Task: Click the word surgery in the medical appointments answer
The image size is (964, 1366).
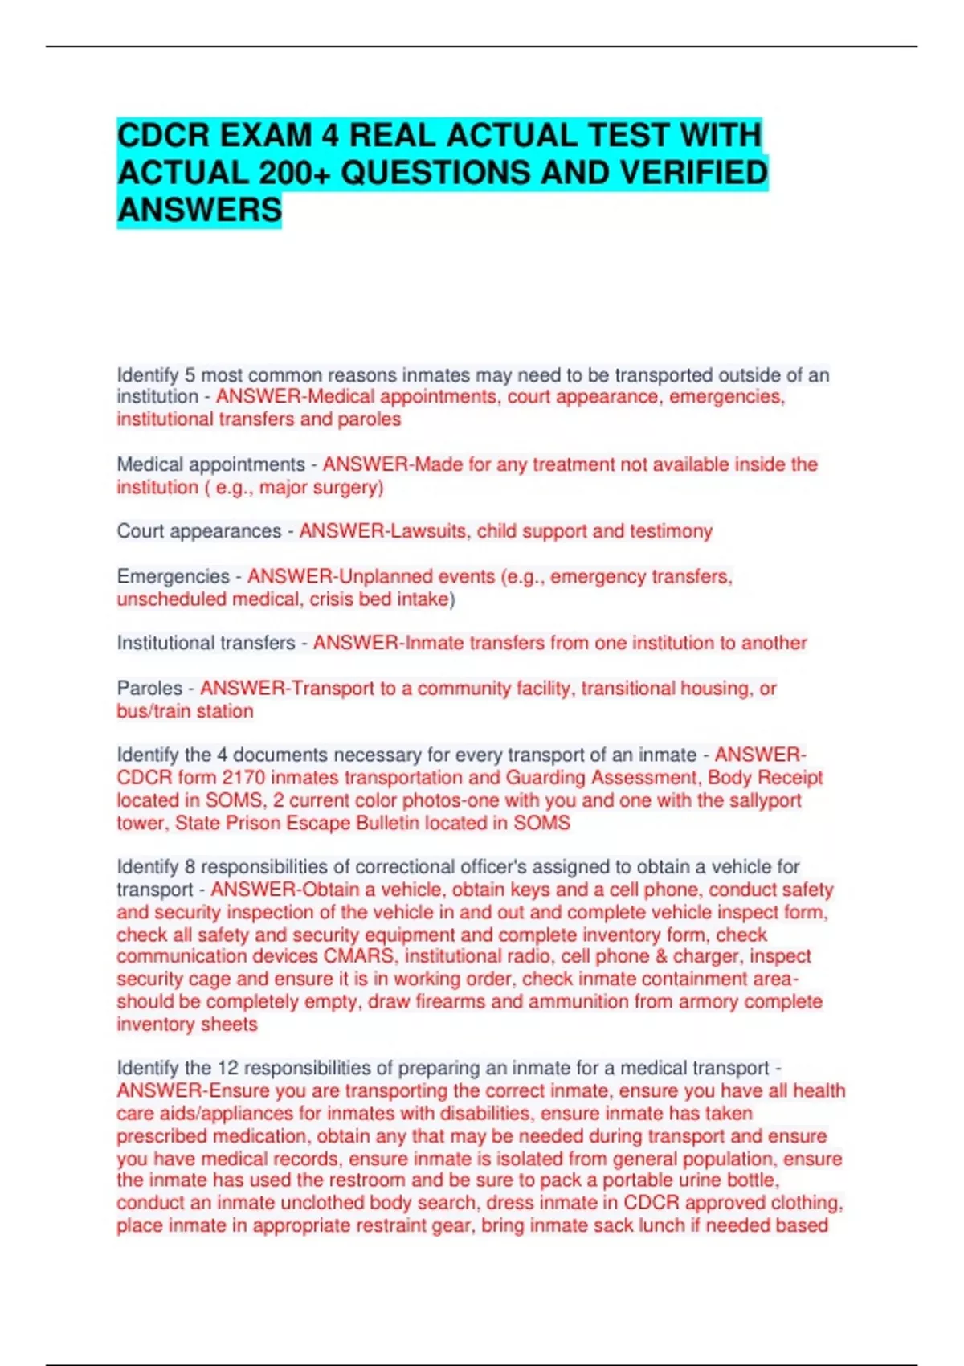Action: point(349,488)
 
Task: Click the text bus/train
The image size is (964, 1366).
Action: point(153,711)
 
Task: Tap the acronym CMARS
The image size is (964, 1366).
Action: point(359,956)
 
